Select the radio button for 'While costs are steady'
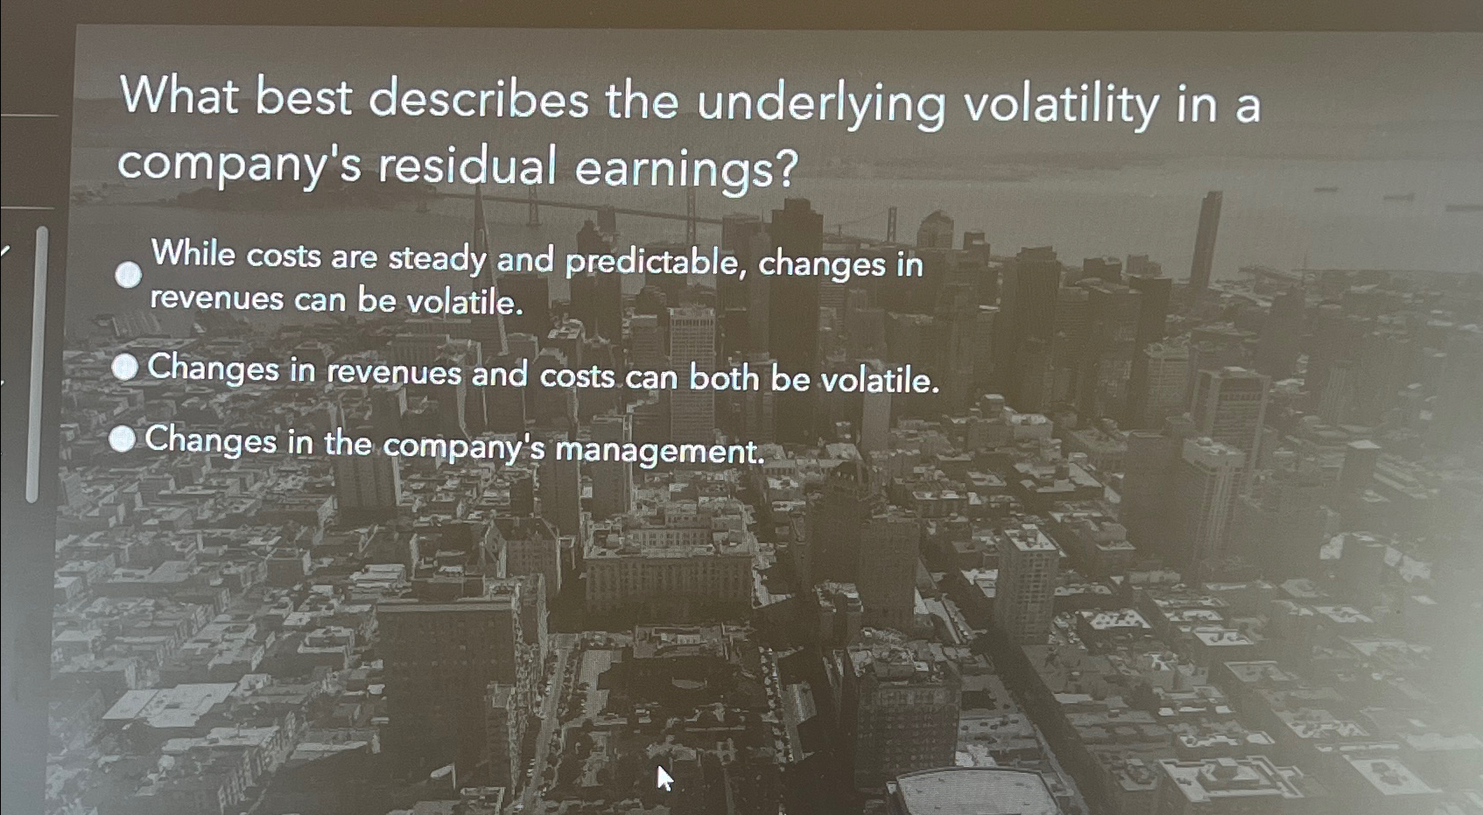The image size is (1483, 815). (129, 275)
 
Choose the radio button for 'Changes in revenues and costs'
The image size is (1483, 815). (125, 368)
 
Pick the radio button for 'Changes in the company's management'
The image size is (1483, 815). (123, 439)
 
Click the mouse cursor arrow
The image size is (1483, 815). (664, 776)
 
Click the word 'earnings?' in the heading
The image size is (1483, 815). (686, 169)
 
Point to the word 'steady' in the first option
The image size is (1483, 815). (437, 258)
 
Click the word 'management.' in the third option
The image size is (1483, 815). (660, 451)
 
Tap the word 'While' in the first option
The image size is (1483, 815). (193, 253)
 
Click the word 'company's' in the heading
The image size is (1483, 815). (239, 164)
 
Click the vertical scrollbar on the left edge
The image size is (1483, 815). (35, 363)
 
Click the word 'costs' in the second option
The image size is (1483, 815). (577, 376)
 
